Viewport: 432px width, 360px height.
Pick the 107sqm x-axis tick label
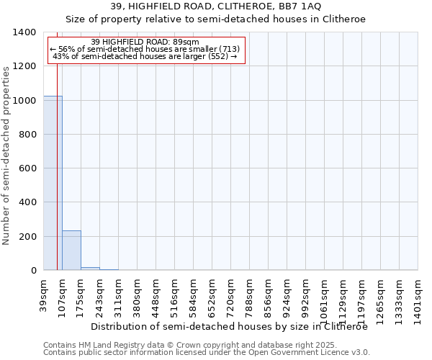[63, 295]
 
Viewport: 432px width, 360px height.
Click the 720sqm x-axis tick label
[231, 295]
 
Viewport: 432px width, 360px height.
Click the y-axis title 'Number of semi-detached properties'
[6, 156]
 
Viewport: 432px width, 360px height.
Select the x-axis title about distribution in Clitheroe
[230, 326]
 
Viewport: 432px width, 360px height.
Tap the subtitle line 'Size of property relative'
[216, 19]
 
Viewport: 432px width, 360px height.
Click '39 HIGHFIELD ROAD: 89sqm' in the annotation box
[150, 42]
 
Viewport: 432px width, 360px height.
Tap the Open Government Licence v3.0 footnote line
[206, 352]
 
